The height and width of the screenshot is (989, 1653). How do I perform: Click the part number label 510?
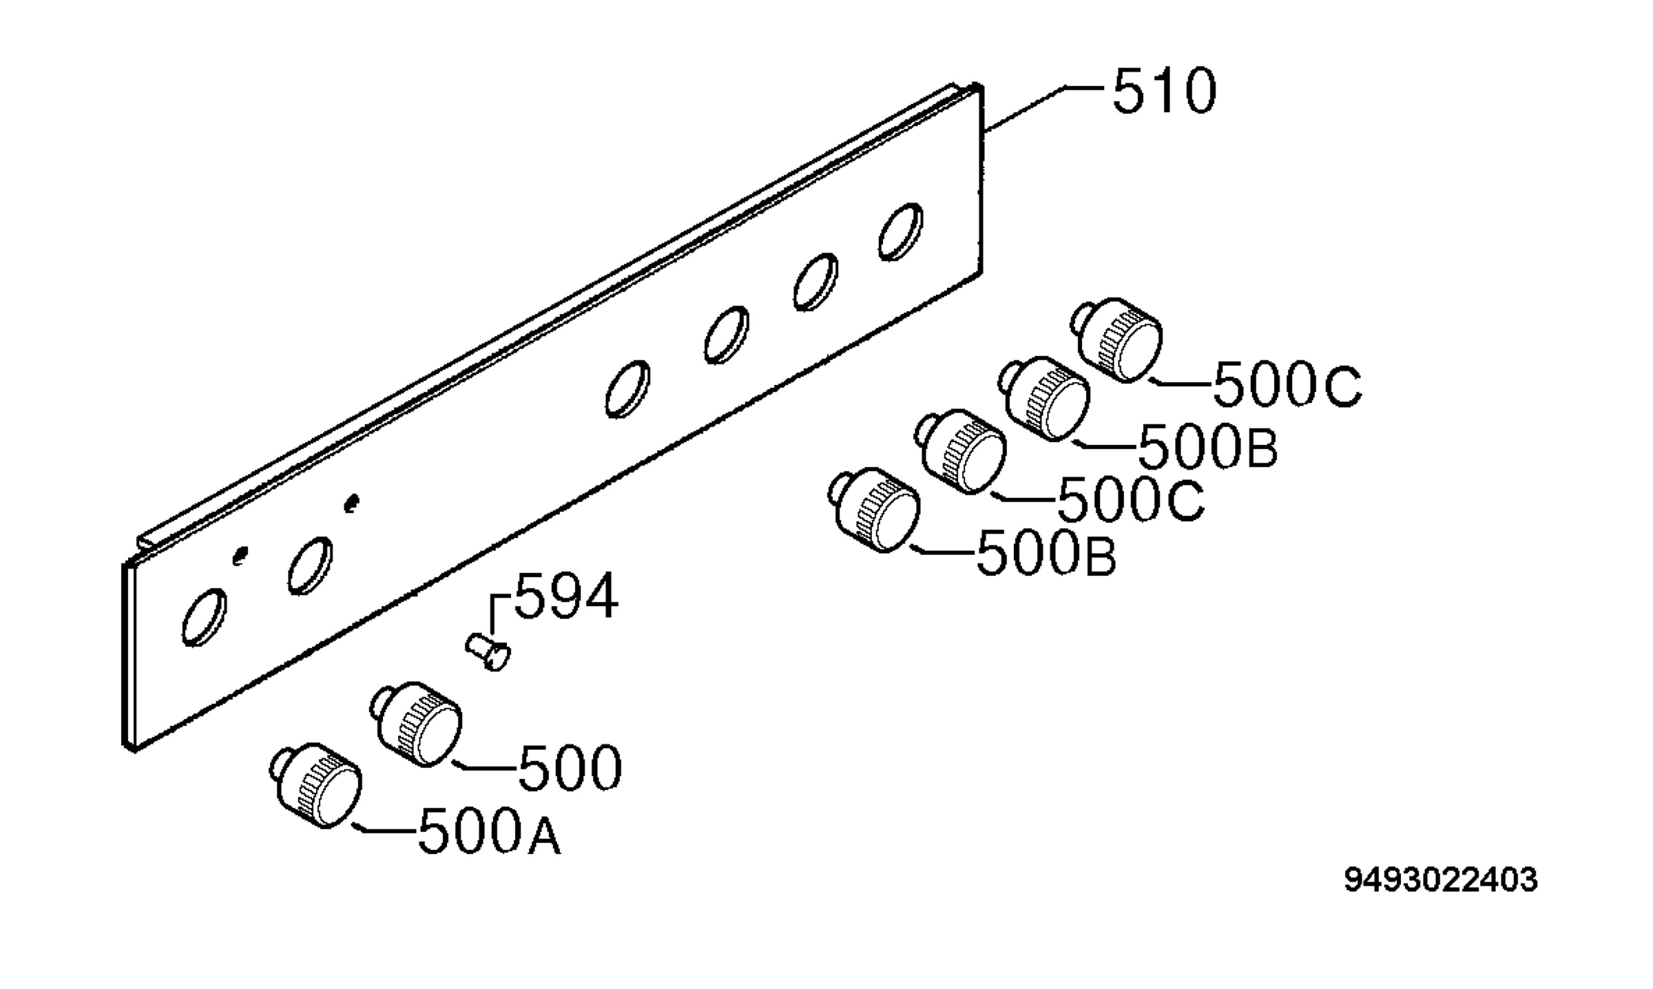(1165, 92)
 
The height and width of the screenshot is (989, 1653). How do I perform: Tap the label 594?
(567, 596)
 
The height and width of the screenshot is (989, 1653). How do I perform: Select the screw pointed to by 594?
(488, 651)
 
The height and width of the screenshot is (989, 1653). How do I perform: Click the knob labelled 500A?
(316, 786)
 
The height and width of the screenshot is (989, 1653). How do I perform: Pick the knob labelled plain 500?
(416, 725)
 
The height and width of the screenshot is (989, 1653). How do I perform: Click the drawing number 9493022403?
(1441, 880)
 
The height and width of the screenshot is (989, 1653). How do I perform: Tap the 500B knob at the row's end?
(874, 510)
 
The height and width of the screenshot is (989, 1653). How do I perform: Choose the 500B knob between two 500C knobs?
(1045, 398)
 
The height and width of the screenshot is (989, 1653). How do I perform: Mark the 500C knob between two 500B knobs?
(960, 452)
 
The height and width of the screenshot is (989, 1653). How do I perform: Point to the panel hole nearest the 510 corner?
(900, 232)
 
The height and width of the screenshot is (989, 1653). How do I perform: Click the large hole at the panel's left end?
(204, 618)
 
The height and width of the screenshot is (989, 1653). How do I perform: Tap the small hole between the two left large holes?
(240, 555)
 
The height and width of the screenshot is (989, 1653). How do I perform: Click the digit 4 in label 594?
(601, 596)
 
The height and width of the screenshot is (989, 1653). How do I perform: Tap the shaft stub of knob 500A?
(280, 762)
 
